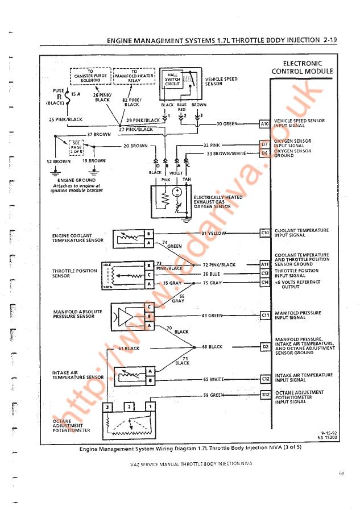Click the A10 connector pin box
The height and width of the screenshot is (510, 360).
coord(264,123)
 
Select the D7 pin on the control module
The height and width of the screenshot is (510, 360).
coord(264,144)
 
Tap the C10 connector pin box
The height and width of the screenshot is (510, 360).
coord(264,233)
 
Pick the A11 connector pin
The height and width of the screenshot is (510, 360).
coord(264,264)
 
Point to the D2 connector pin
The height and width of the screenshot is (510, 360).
coord(264,346)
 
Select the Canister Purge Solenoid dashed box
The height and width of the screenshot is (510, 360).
coord(90,76)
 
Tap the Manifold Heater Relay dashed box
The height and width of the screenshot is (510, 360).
coord(134,76)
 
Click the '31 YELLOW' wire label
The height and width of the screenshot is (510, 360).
coord(214,233)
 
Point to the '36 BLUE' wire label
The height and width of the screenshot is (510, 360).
coord(212,273)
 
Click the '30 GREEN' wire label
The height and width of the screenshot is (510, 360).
coord(227,123)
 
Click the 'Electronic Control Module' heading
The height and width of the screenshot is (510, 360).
coord(302,67)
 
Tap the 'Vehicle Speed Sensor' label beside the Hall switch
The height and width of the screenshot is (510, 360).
coord(221,81)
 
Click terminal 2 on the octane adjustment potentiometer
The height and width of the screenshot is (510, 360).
coord(129,407)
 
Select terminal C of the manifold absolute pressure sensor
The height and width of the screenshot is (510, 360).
coord(149,307)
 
